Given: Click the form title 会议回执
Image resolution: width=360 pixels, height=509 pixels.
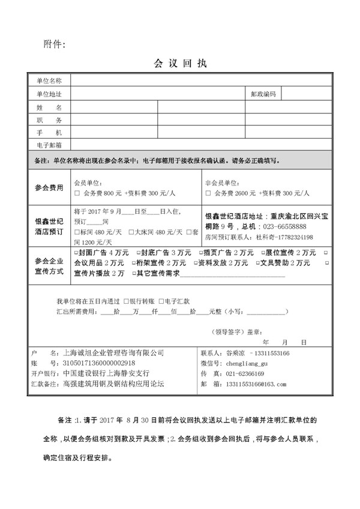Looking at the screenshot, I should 180,62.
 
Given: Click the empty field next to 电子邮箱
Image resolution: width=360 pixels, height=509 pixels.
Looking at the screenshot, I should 201,145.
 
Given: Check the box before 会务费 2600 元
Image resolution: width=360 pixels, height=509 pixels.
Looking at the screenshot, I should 208,194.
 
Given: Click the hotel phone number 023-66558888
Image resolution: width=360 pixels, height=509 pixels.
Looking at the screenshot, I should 281,226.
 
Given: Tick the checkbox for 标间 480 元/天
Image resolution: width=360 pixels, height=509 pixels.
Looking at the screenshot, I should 76,232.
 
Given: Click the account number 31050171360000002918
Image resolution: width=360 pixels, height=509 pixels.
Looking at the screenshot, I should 98,363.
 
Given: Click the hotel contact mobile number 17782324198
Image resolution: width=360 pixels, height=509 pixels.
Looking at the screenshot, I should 288,236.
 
